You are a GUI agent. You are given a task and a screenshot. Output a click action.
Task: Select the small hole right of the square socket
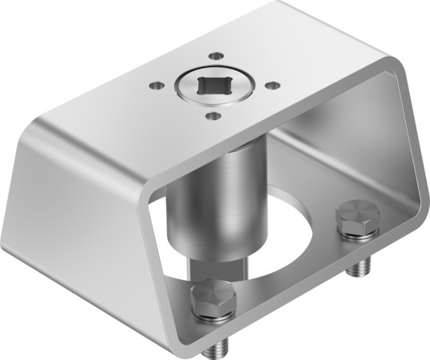coord(273,84)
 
